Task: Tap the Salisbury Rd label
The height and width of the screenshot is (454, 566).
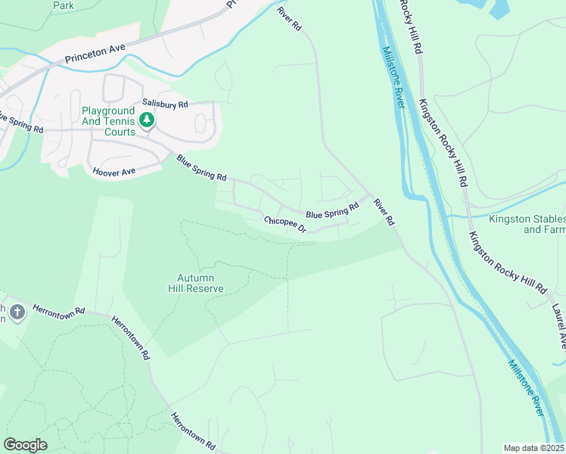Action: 162,104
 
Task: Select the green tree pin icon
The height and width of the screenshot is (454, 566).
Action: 145,120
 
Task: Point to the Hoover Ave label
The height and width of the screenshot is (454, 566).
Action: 113,172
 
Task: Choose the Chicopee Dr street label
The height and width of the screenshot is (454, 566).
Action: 285,225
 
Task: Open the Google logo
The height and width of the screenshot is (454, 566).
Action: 25,445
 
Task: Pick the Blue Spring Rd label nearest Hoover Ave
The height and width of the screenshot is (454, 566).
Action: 201,168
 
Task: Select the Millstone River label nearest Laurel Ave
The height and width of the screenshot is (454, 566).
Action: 526,387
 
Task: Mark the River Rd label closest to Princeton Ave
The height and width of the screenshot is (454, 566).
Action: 289,18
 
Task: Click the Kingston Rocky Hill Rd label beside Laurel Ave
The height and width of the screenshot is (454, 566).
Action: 507,263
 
